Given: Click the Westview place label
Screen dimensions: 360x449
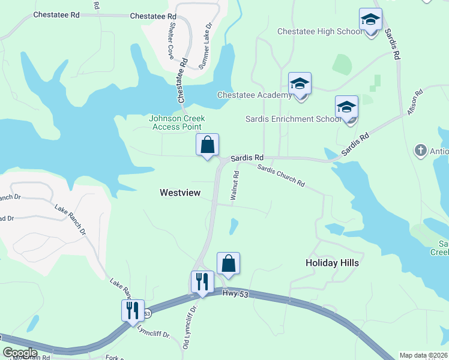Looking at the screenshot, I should coord(179,193).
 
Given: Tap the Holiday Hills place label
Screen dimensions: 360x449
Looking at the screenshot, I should coord(332,263).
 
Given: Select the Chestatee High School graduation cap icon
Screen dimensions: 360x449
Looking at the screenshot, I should coord(370,20).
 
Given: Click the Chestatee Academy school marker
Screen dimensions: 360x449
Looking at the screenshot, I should coord(300,85).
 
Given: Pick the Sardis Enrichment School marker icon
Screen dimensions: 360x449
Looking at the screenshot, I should coord(346,107).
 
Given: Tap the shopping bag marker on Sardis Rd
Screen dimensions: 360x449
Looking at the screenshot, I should coord(207,145).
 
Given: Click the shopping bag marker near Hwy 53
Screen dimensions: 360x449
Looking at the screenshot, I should coord(228,263).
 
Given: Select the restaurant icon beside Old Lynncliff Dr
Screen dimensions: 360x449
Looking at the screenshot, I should coord(202,281).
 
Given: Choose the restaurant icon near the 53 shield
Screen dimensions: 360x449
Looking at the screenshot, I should coord(133,310).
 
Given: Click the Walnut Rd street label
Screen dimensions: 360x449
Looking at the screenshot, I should coord(235,185).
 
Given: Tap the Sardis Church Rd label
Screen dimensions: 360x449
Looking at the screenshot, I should coord(281,175).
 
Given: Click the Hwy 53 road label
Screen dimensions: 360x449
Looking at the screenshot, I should coord(231,292).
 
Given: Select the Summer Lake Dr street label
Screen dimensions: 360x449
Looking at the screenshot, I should coord(206,45).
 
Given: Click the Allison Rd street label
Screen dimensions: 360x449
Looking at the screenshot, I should coord(415,102).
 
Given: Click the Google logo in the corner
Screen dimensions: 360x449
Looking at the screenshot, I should coord(20,353).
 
